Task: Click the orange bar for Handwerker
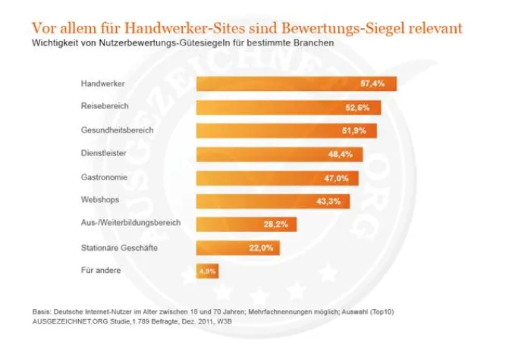coord(296,83)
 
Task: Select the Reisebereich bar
coord(287,107)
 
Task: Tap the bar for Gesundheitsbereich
coord(286,130)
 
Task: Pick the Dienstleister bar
coord(279,154)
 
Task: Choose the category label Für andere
coord(99,270)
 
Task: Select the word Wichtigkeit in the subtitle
coord(55,44)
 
